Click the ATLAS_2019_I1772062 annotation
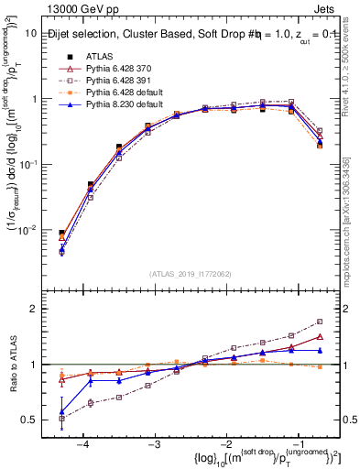click(x=189, y=274)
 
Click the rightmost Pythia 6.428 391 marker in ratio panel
click(x=320, y=322)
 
